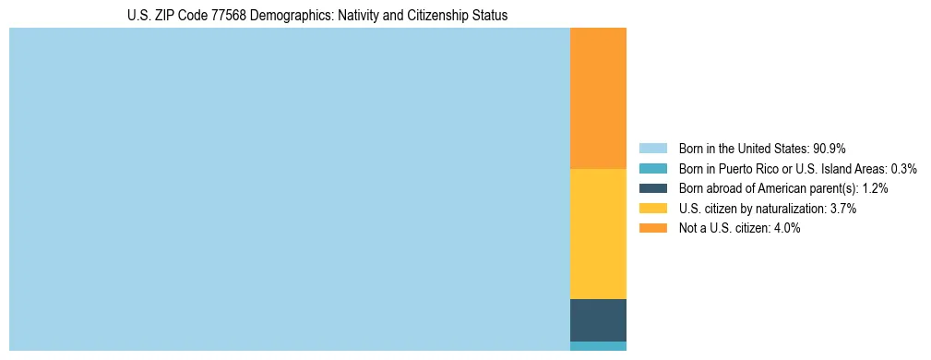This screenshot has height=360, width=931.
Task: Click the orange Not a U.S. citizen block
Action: point(598,98)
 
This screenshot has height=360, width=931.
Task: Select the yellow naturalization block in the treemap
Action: point(598,234)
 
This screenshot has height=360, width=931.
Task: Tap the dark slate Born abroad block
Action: point(598,320)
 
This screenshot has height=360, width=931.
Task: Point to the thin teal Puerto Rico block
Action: point(598,346)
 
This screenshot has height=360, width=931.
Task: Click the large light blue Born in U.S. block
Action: point(289,189)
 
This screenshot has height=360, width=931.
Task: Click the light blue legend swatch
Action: point(652,149)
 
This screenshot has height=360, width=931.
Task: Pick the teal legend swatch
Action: point(652,168)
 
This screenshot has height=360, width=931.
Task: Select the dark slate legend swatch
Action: point(652,188)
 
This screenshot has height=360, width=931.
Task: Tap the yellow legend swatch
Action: point(652,209)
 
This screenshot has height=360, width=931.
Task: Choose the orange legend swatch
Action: point(652,228)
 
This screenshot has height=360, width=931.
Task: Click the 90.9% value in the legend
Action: point(829,149)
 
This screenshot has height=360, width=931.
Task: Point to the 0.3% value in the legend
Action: point(903,169)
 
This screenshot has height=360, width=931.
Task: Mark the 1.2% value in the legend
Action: point(875,188)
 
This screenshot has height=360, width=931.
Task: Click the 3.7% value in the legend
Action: point(843,209)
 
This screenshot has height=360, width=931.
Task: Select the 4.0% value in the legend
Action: point(786,229)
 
